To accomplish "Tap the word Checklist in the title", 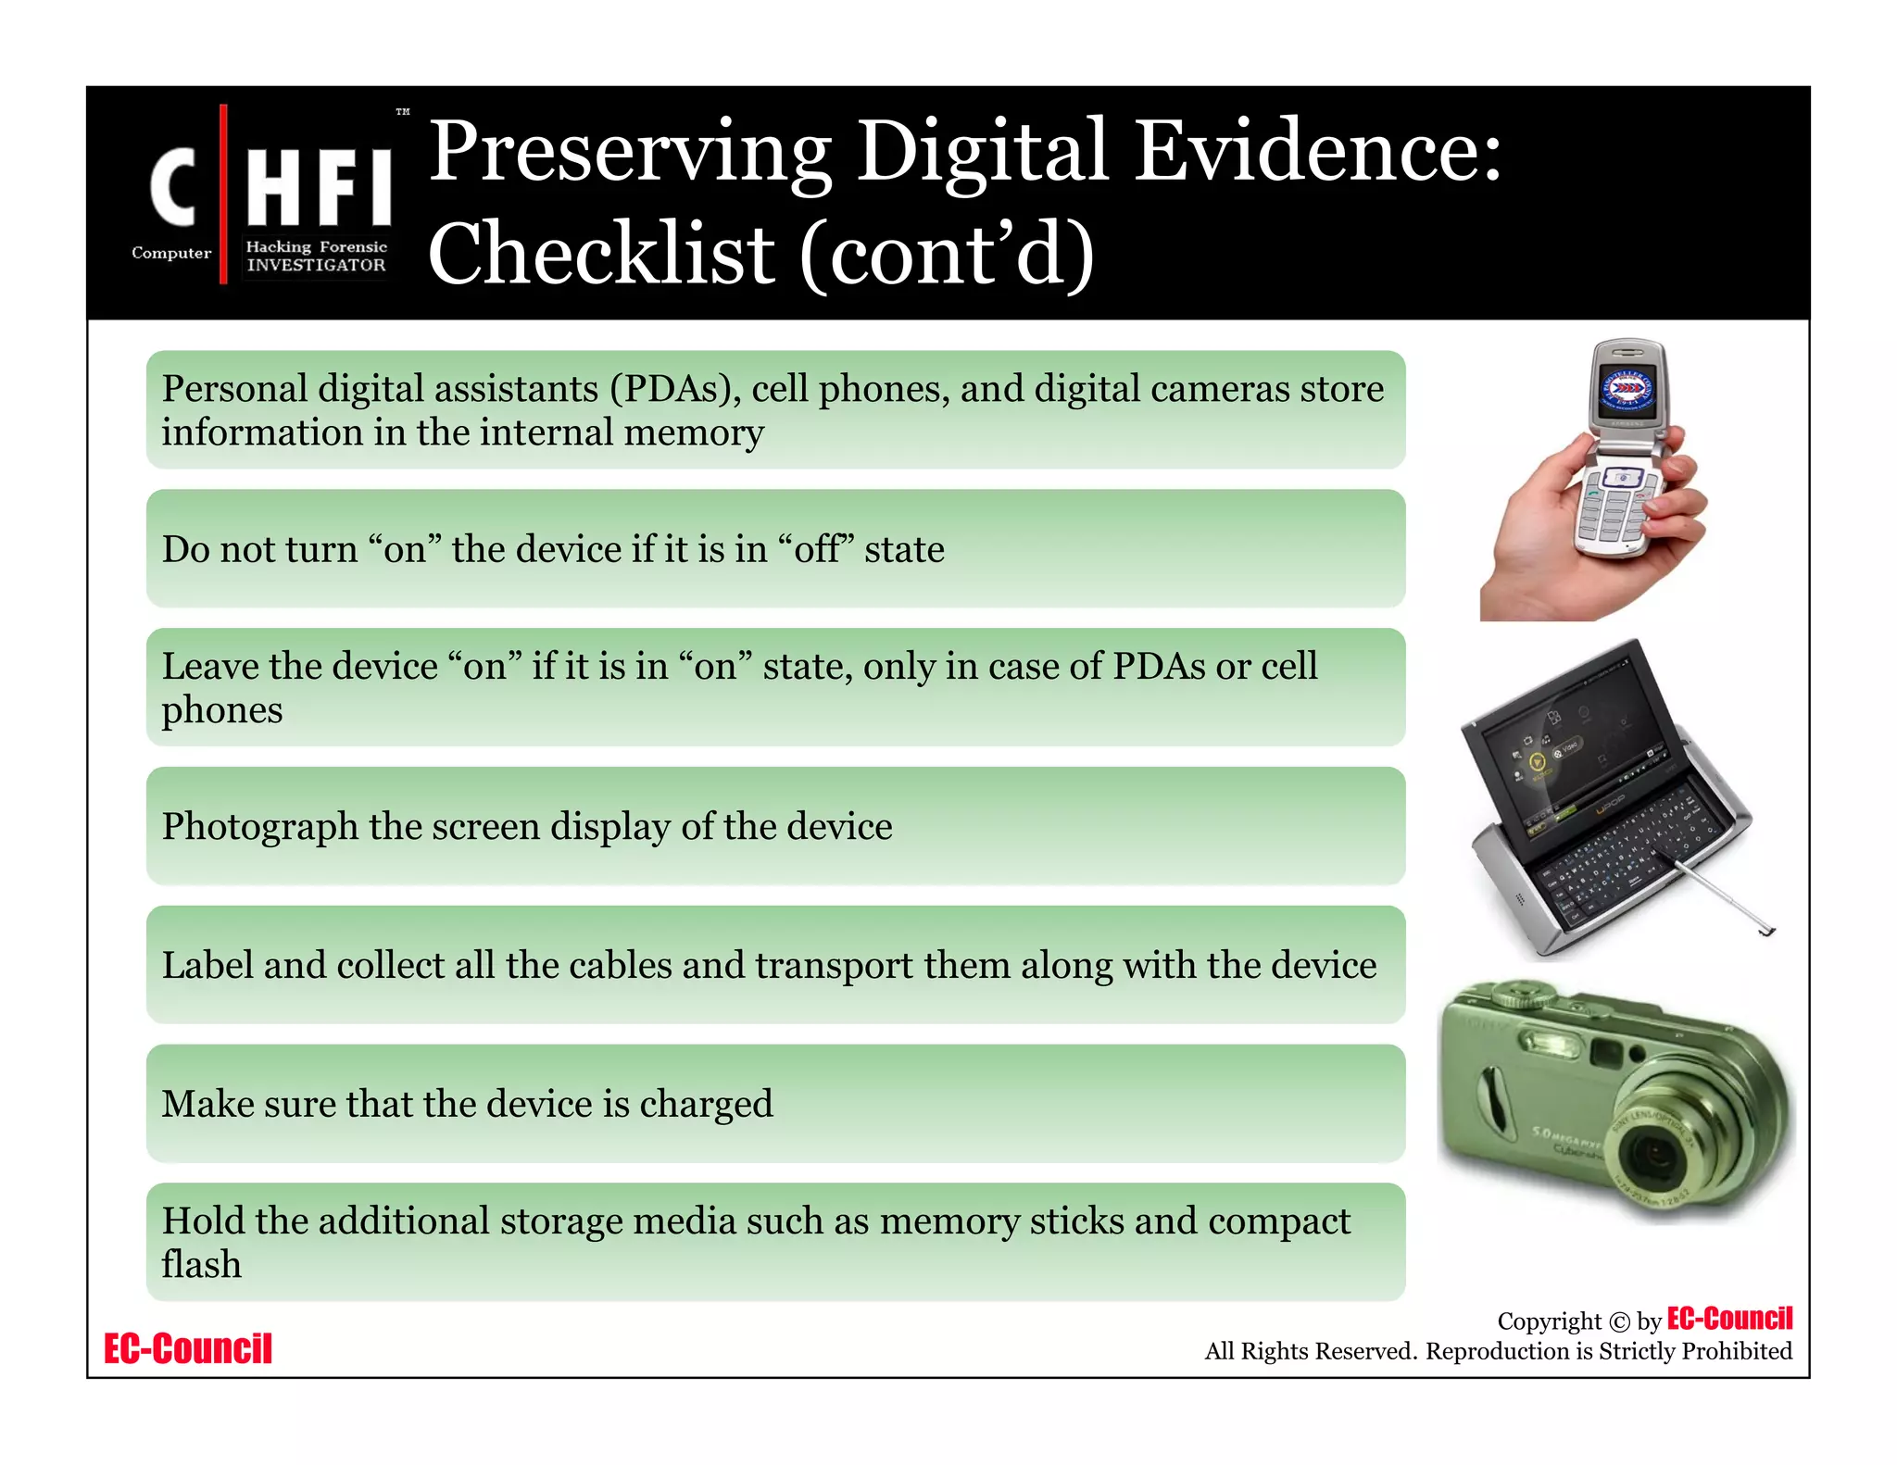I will click(x=602, y=255).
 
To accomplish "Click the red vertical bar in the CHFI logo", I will click(x=223, y=194).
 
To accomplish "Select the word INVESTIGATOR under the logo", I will click(x=316, y=265).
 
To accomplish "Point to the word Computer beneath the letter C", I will click(x=171, y=253).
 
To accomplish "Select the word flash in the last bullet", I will click(x=201, y=1264).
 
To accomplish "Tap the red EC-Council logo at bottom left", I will click(x=188, y=1348).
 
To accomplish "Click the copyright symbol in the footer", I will click(x=1619, y=1321).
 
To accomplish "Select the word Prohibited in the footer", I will click(x=1736, y=1351).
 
